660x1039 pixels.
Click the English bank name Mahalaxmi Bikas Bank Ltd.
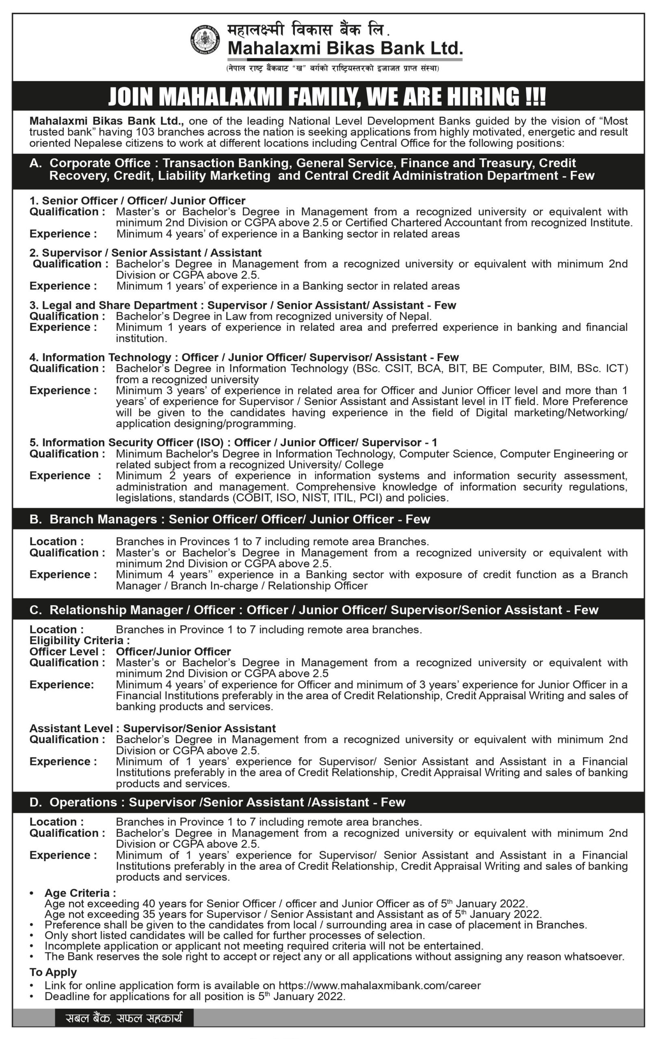344,48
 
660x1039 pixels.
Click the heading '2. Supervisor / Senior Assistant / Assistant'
145,253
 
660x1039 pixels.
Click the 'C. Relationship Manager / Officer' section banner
132,610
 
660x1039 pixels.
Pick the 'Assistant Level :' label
71,729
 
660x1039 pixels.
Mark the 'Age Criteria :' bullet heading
80,893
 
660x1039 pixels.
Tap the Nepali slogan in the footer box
124,1019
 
